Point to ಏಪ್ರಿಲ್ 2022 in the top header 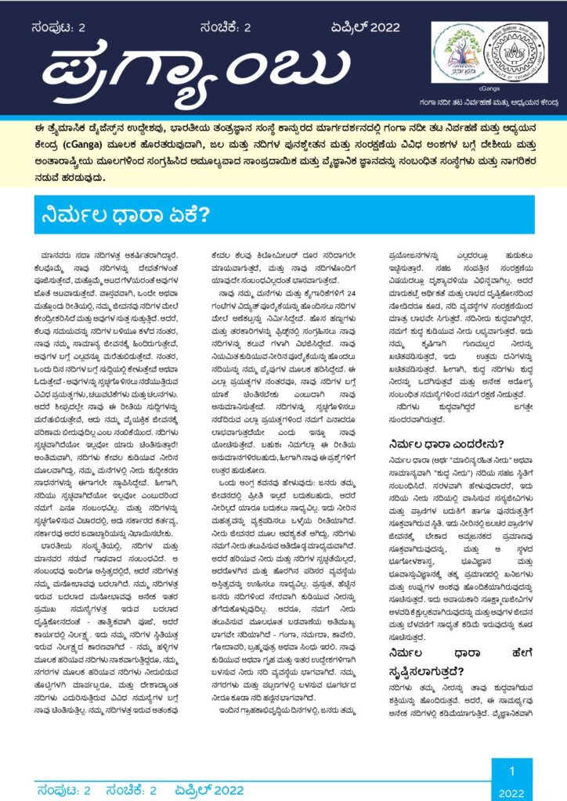point(365,28)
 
